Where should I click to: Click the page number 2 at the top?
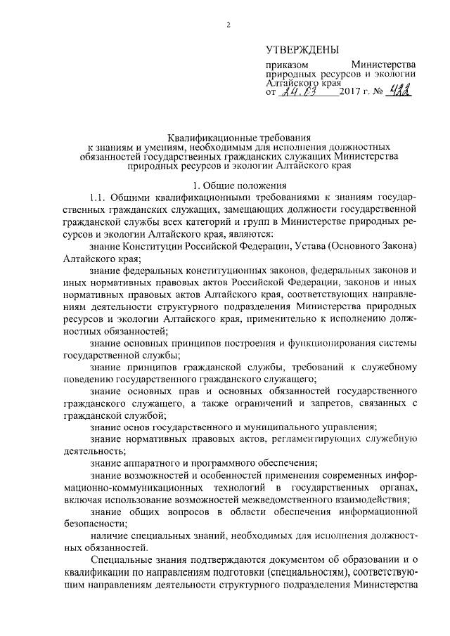pos(228,26)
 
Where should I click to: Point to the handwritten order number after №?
pos(399,91)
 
